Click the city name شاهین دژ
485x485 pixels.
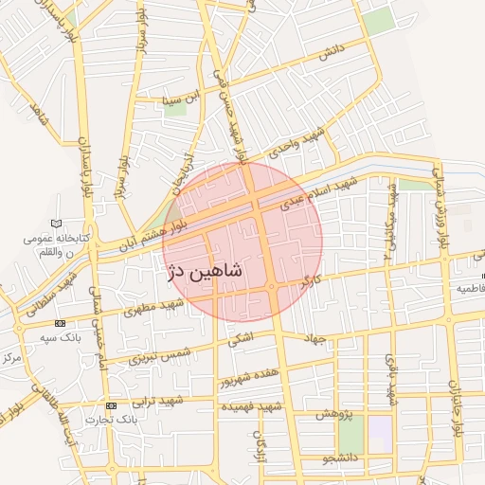tap(204, 273)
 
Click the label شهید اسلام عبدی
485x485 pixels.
tap(324, 190)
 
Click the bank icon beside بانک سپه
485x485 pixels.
tap(62, 323)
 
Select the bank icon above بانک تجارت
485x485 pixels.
tap(112, 405)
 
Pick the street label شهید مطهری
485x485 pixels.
tap(160, 305)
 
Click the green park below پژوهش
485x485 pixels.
tap(350, 435)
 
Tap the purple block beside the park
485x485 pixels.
tap(380, 428)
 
